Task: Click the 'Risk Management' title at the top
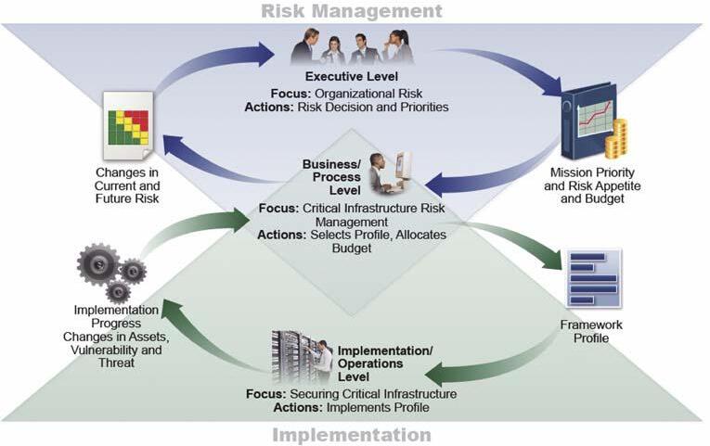(352, 11)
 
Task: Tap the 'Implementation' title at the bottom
(352, 435)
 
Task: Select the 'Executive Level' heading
(352, 76)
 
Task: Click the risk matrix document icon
(128, 126)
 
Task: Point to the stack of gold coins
(616, 138)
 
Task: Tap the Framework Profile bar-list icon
(595, 278)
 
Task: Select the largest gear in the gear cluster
(97, 264)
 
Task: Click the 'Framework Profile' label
(591, 331)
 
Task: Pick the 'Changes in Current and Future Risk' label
(127, 185)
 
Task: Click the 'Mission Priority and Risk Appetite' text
(592, 179)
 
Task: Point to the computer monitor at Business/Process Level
(403, 166)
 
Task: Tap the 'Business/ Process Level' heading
(336, 177)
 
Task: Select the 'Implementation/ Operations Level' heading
(385, 363)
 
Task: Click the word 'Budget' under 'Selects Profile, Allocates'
(352, 248)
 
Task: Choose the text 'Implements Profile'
(378, 408)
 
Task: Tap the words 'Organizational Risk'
(368, 94)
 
